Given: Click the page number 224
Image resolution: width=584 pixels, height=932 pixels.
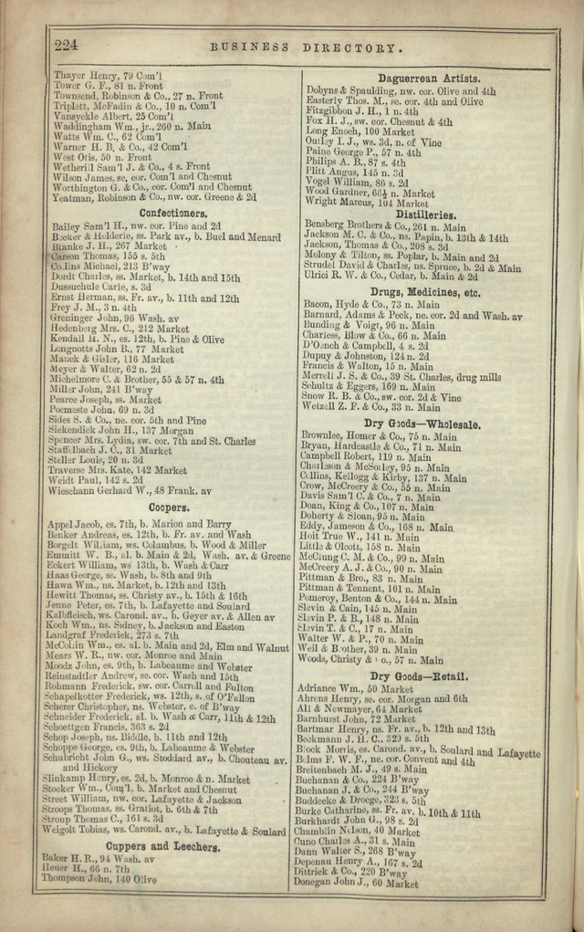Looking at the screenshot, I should [67, 45].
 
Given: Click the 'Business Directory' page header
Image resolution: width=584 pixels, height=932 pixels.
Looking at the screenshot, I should [305, 47].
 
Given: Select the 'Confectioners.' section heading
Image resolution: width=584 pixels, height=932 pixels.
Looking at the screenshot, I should [167, 213].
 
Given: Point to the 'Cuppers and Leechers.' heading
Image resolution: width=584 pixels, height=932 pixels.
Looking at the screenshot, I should [170, 846].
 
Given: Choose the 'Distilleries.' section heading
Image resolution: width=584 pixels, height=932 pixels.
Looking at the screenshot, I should [418, 215].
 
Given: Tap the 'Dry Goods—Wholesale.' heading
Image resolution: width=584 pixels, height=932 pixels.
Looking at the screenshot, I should [422, 424].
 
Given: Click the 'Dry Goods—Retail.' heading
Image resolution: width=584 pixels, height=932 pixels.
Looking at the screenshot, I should [419, 675].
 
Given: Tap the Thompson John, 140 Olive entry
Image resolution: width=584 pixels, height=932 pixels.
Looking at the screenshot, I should [99, 879].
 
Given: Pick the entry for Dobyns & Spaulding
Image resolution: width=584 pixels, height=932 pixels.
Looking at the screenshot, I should [400, 91].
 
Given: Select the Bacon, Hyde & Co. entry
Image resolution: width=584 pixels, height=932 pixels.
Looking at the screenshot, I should [370, 305].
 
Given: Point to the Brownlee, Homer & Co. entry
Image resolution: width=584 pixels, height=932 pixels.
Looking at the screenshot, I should [379, 436].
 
